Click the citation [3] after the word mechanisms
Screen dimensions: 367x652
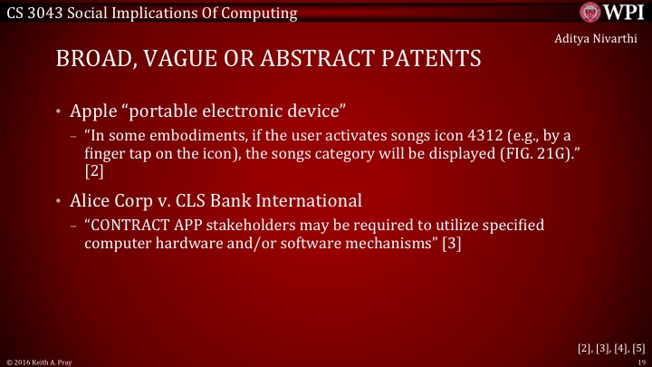[452, 243]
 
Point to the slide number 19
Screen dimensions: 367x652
[639, 361]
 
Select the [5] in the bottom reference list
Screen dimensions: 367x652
[638, 346]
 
